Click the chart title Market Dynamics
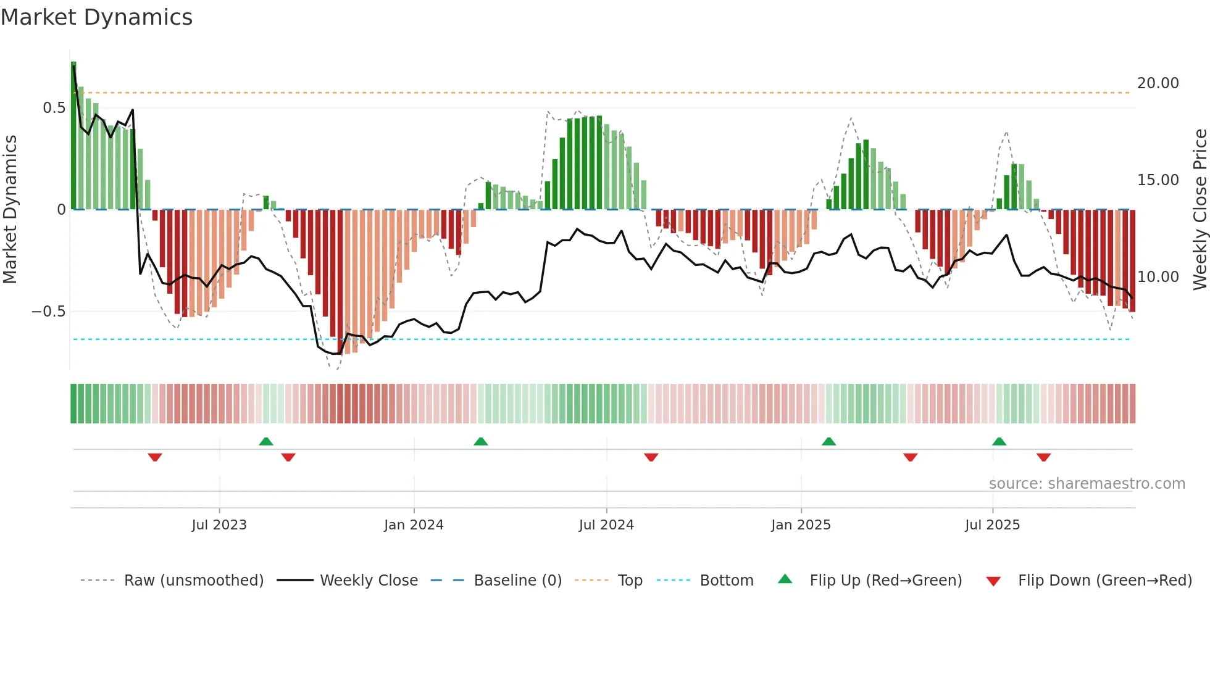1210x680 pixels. [96, 17]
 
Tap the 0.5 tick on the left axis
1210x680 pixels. [54, 108]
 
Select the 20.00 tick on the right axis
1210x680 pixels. [1158, 83]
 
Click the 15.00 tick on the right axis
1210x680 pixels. [1158, 180]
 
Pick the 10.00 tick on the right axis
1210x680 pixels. [1158, 277]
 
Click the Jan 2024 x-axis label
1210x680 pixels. [414, 525]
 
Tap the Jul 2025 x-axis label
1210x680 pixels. [992, 525]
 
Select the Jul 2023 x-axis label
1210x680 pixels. [219, 525]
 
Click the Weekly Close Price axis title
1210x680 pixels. [1200, 209]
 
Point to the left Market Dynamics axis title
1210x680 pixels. [10, 209]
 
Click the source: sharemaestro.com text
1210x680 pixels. [1087, 484]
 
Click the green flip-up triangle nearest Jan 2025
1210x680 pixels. [828, 441]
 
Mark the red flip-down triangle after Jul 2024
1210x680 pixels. [651, 457]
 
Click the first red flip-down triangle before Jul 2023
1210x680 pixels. [155, 457]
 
